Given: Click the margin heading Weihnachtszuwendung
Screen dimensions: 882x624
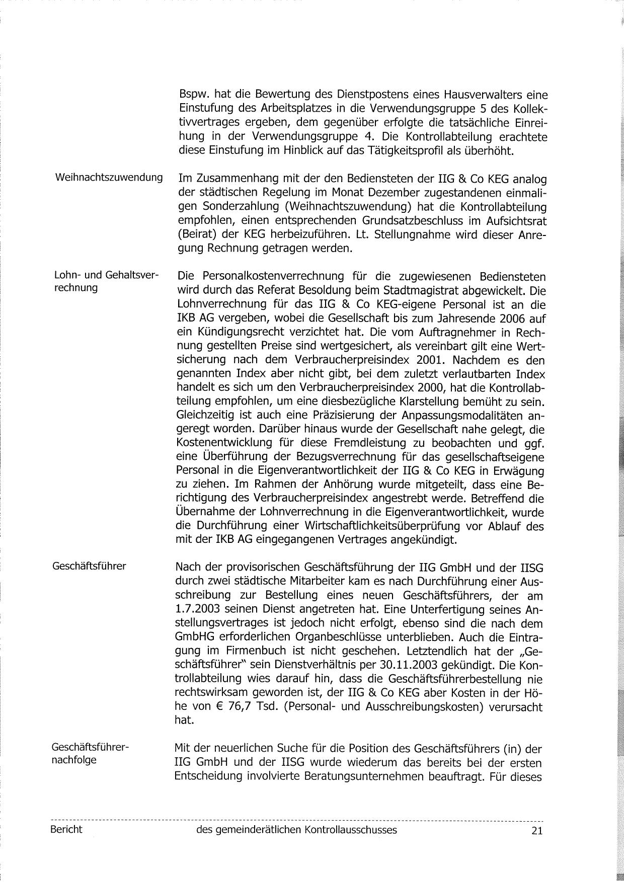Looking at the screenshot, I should [x=109, y=178].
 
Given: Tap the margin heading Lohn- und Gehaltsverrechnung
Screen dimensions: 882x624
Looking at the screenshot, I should [x=106, y=281].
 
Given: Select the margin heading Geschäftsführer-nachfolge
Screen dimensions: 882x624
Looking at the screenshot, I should [x=90, y=753].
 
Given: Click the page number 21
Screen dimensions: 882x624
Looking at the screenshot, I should [x=536, y=831].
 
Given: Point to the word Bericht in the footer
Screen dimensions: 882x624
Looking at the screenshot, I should [x=66, y=830].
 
